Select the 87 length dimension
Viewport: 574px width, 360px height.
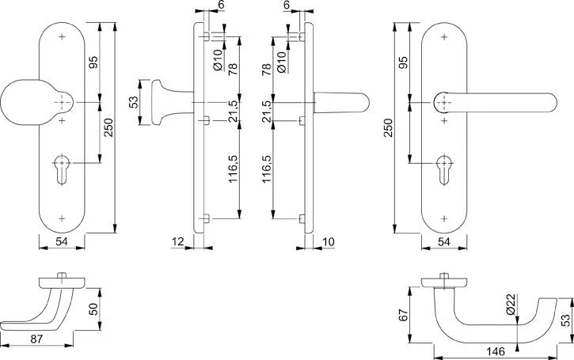click(37, 338)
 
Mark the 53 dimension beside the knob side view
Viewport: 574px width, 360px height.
click(134, 103)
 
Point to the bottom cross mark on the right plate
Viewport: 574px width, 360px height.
click(444, 218)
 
